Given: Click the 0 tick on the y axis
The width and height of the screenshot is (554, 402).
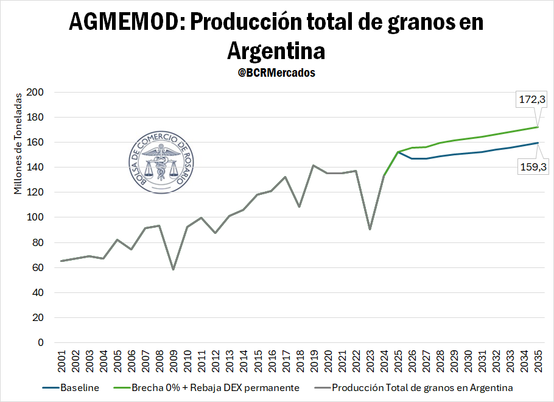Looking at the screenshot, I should click(41, 343).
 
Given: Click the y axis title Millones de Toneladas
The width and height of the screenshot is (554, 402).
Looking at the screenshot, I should click(18, 143).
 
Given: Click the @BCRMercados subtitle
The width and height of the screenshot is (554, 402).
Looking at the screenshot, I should click(276, 72).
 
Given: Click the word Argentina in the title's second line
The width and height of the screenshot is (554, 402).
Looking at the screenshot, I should click(276, 50).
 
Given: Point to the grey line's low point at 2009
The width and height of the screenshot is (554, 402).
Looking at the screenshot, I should click(174, 269).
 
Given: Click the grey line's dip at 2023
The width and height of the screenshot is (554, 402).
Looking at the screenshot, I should click(370, 229).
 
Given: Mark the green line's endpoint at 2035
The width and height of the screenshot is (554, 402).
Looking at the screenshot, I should click(538, 127).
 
